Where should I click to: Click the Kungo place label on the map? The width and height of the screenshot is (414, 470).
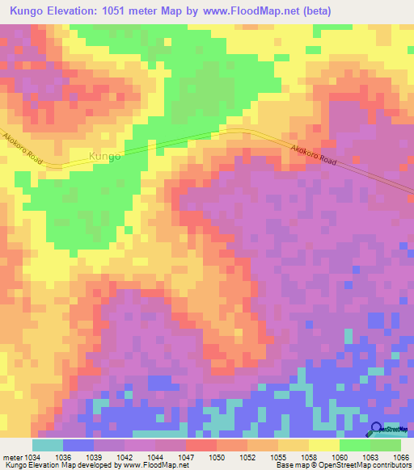[105, 156]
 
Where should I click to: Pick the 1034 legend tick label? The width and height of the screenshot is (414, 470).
[32, 457]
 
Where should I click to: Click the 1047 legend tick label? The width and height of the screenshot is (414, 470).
[186, 457]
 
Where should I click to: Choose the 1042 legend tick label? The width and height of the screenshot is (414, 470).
[125, 457]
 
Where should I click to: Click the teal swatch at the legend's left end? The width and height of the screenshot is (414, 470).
[48, 445]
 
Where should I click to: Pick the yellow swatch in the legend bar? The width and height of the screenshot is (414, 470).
[324, 445]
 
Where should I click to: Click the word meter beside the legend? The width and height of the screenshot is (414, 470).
[12, 457]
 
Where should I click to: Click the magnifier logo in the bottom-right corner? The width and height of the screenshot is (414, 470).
[376, 428]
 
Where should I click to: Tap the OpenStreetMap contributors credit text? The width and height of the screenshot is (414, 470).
[353, 466]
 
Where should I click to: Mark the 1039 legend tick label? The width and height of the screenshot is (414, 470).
[94, 457]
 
